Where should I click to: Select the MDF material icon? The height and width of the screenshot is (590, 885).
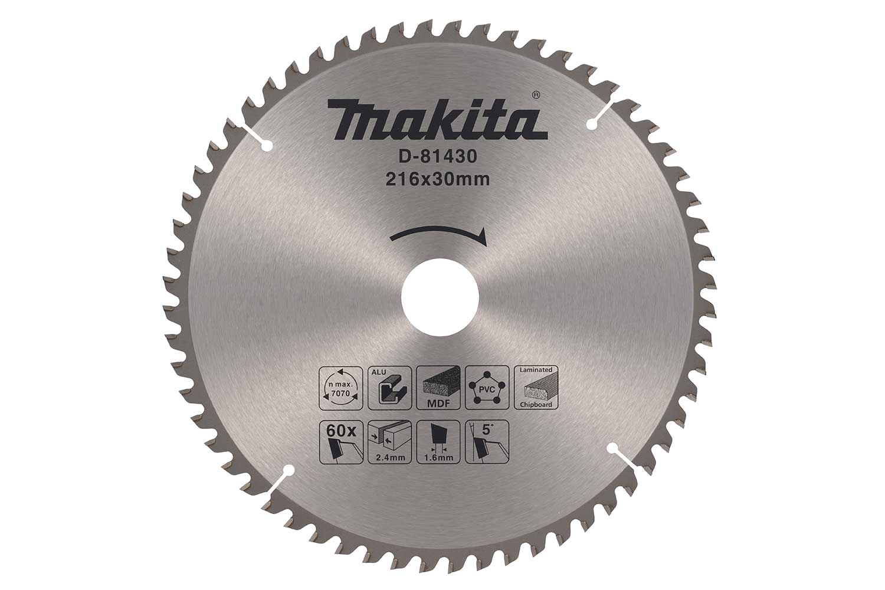[438, 387]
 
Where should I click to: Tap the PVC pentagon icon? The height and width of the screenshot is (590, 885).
[486, 387]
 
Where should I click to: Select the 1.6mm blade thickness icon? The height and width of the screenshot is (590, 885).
[437, 440]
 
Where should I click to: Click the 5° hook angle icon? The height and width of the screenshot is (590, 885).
[486, 440]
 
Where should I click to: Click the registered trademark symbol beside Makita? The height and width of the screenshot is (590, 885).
[535, 93]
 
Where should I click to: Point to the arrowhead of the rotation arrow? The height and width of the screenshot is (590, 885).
[483, 237]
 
